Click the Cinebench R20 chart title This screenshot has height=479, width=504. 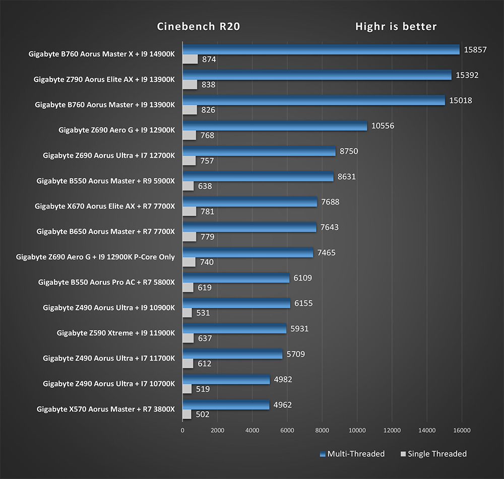[198, 27]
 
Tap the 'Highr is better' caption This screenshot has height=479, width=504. [396, 27]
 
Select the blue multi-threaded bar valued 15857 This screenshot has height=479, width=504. [321, 49]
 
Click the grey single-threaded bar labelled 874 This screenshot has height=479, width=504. [190, 59]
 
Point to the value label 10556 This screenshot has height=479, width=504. [383, 126]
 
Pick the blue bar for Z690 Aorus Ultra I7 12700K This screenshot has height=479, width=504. [259, 151]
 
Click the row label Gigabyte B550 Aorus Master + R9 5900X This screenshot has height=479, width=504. [105, 181]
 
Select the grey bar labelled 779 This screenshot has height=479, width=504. [190, 237]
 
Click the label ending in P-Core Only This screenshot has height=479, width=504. [95, 257]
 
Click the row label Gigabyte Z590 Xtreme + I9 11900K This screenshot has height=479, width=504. [115, 333]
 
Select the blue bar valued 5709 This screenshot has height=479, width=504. [232, 354]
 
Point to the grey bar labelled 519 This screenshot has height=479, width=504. [187, 389]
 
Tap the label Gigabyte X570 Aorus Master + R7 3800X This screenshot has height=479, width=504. [105, 409]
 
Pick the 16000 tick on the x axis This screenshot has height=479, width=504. [462, 431]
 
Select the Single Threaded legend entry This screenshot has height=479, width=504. [436, 454]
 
